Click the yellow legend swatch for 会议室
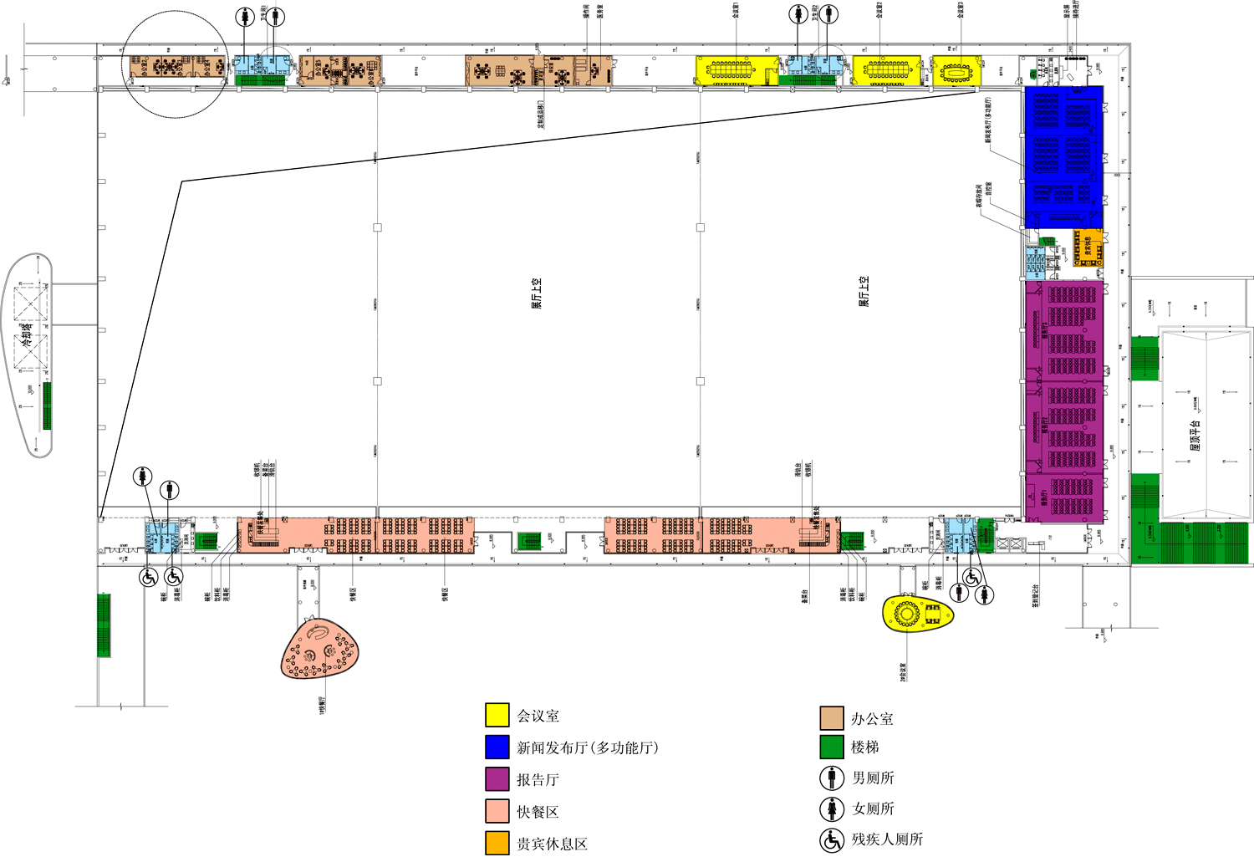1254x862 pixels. point(497,715)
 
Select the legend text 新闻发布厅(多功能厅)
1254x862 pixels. point(587,747)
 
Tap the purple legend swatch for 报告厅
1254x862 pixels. point(497,779)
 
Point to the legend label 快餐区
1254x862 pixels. point(538,812)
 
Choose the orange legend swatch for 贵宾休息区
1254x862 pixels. point(497,843)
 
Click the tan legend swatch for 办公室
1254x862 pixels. point(832,718)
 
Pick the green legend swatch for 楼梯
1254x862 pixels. point(832,747)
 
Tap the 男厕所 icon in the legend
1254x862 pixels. point(832,778)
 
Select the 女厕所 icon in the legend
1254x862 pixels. point(832,808)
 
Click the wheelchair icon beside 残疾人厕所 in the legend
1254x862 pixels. point(832,839)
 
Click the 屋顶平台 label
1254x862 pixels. point(1195,436)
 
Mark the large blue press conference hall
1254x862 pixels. point(1063,156)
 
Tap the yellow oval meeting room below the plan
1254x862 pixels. point(917,614)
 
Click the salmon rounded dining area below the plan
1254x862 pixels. point(320,649)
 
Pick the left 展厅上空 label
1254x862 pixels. point(537,293)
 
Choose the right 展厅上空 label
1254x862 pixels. point(864,291)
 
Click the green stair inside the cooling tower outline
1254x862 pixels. point(47,405)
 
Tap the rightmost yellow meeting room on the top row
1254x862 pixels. point(956,71)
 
